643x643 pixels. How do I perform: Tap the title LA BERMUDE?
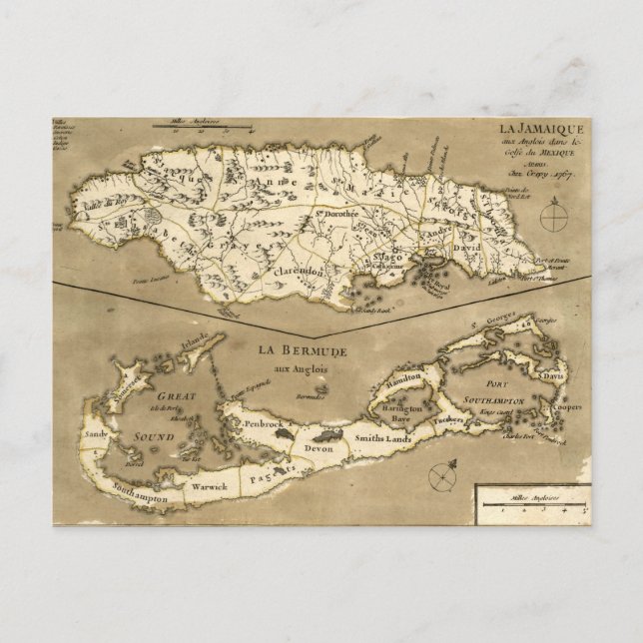(299, 351)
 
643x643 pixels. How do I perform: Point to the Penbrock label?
(251, 423)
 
